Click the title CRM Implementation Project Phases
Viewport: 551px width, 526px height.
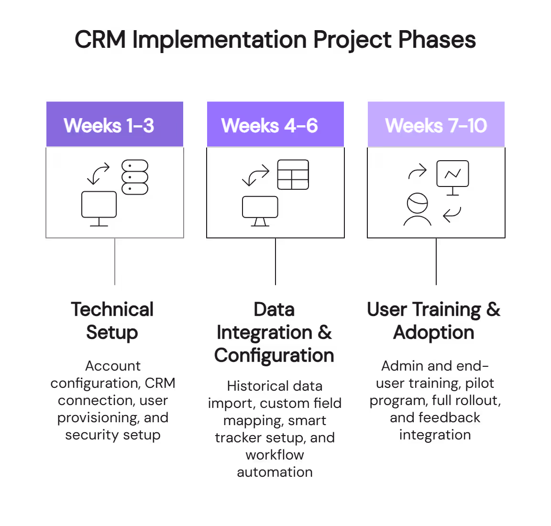pos(275,40)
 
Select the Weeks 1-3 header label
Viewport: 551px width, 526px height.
pos(109,126)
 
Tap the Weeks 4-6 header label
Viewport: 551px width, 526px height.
pos(269,126)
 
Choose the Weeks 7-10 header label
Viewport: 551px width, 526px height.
pos(436,126)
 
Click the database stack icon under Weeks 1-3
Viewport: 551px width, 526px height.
pos(135,177)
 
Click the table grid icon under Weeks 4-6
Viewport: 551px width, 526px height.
pos(293,175)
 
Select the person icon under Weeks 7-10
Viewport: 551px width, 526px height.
pos(417,209)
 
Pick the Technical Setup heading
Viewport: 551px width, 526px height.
pos(112,321)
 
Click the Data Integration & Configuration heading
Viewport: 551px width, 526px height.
pos(275,332)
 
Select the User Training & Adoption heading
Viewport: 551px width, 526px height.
pos(434,321)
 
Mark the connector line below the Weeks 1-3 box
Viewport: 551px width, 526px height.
pos(115,262)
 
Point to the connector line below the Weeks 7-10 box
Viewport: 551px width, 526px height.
pos(436,262)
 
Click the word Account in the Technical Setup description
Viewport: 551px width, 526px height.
pos(113,366)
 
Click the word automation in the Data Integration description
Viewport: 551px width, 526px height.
pos(275,472)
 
